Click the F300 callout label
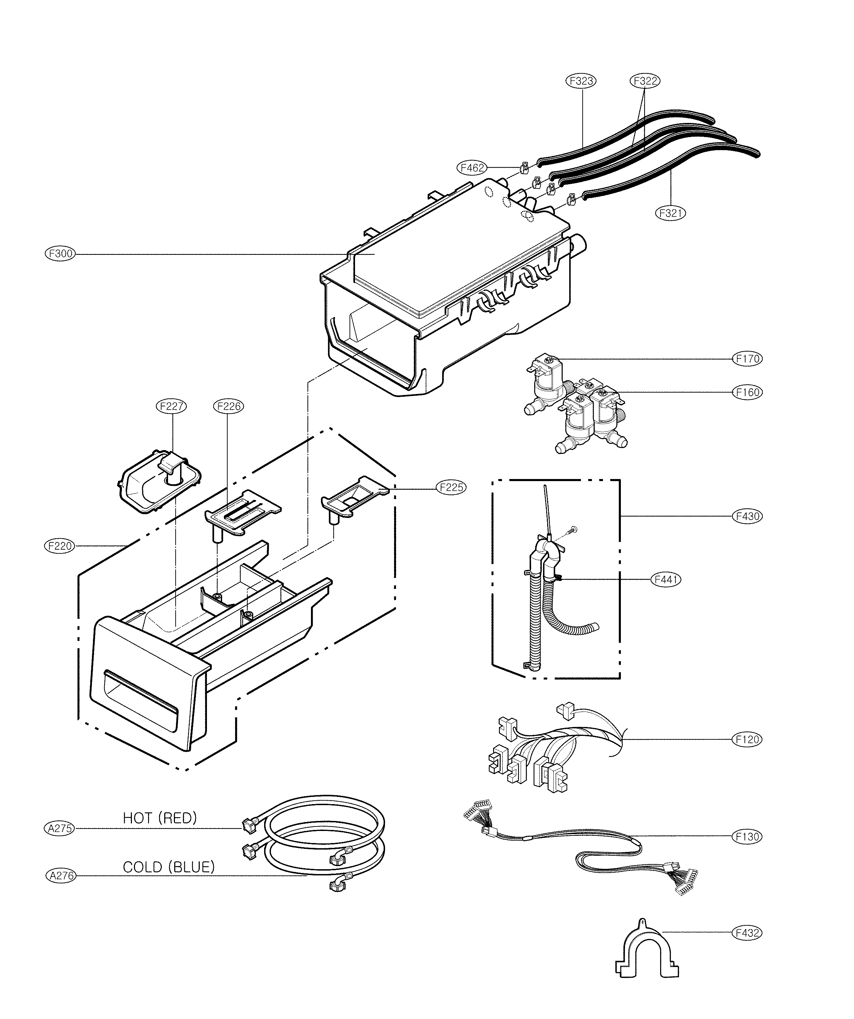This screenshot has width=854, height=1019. pos(60,253)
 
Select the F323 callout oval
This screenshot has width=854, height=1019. pos(581,81)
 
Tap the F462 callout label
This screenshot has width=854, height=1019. pos(471,168)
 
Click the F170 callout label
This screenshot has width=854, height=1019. pos(747,358)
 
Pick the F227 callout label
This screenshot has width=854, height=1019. pos(171,406)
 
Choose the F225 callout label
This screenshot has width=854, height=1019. pos(451,487)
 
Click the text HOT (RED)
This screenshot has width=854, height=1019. pos(160,818)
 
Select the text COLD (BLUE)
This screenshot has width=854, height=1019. pos(168,867)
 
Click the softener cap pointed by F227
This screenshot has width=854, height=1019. pos(159,478)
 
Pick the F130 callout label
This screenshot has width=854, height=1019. pos(747,836)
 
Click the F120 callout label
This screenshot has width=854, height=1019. pos(747,739)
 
